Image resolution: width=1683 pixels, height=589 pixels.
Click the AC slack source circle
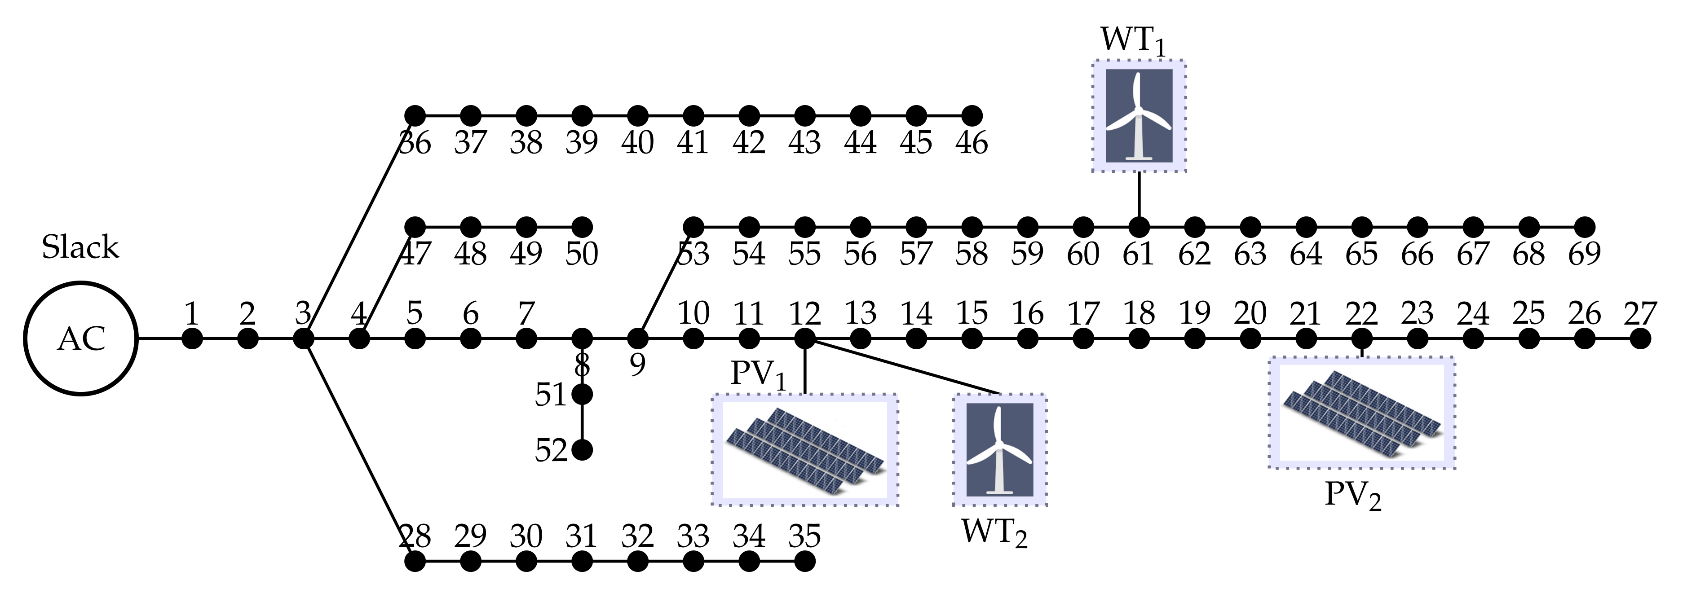pyautogui.click(x=81, y=338)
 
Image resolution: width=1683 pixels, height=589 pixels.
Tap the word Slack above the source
pyautogui.click(x=80, y=247)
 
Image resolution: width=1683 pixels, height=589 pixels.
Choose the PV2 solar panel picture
pyautogui.click(x=1361, y=412)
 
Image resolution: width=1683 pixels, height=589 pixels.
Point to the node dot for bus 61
pyautogui.click(x=1139, y=227)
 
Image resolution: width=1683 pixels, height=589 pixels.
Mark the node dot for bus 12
pyautogui.click(x=805, y=338)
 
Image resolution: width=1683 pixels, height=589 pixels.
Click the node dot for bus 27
pyautogui.click(x=1640, y=338)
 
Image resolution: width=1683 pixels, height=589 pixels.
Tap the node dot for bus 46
pyautogui.click(x=972, y=115)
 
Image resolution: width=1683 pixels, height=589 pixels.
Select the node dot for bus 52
pyautogui.click(x=582, y=450)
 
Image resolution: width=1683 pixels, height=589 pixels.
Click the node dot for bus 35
pyautogui.click(x=805, y=561)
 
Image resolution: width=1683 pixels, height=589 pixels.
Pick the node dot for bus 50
pyautogui.click(x=582, y=227)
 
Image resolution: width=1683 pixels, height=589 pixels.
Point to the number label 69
pyautogui.click(x=1584, y=253)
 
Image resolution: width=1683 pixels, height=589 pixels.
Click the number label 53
pyautogui.click(x=694, y=253)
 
